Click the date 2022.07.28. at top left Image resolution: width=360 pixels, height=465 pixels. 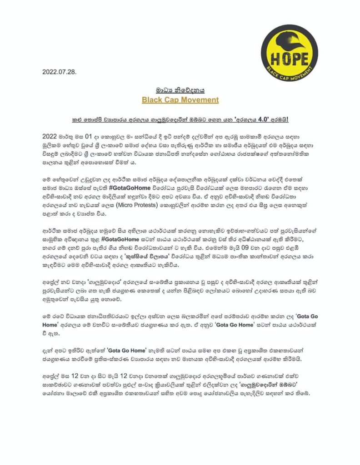pos(60,72)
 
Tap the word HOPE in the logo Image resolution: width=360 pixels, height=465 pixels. pos(289,59)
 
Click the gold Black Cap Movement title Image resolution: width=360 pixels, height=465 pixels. pos(180,99)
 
